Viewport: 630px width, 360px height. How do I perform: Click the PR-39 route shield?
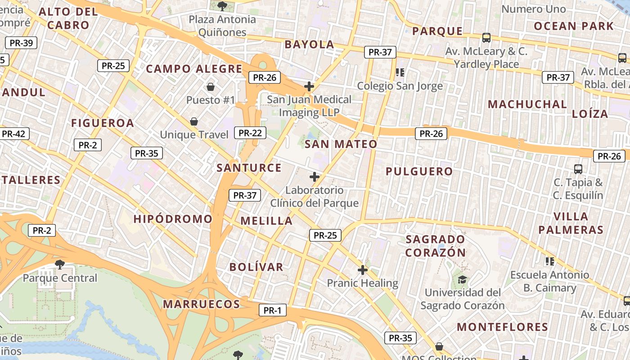21,43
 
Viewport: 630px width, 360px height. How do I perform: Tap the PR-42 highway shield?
13,134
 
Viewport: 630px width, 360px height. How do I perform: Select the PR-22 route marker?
250,133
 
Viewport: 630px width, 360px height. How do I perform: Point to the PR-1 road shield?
272,310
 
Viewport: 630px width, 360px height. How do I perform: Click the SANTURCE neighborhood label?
249,168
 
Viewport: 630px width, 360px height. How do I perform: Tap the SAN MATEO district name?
341,144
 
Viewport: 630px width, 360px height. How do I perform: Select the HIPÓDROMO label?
173,219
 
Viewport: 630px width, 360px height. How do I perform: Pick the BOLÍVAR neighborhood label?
256,267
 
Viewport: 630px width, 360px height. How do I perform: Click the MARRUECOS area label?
201,304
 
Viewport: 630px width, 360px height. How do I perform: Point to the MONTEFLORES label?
503,327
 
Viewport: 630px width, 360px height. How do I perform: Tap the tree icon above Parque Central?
59,264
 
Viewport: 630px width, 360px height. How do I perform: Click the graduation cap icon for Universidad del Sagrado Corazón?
462,279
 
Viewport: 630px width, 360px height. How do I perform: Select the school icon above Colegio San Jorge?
400,72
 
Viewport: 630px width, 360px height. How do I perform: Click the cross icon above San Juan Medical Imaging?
309,86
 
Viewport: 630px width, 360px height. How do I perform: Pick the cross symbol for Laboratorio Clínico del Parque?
315,177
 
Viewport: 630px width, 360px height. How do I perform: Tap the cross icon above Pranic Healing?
362,270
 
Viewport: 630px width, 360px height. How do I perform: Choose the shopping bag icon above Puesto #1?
210,86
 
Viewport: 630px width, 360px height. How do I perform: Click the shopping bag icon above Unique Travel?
194,121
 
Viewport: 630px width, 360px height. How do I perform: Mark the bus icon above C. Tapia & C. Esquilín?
578,169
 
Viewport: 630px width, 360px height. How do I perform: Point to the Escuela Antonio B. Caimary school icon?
549,261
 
